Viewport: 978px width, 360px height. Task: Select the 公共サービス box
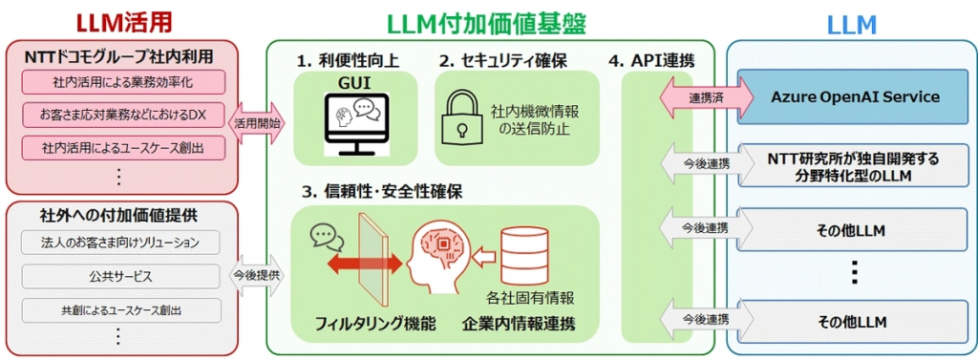[121, 276]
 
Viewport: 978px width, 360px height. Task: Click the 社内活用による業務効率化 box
[121, 82]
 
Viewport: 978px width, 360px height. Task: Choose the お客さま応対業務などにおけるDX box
[121, 116]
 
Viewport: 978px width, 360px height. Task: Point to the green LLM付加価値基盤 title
[486, 20]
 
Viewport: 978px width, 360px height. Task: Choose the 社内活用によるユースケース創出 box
[121, 148]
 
